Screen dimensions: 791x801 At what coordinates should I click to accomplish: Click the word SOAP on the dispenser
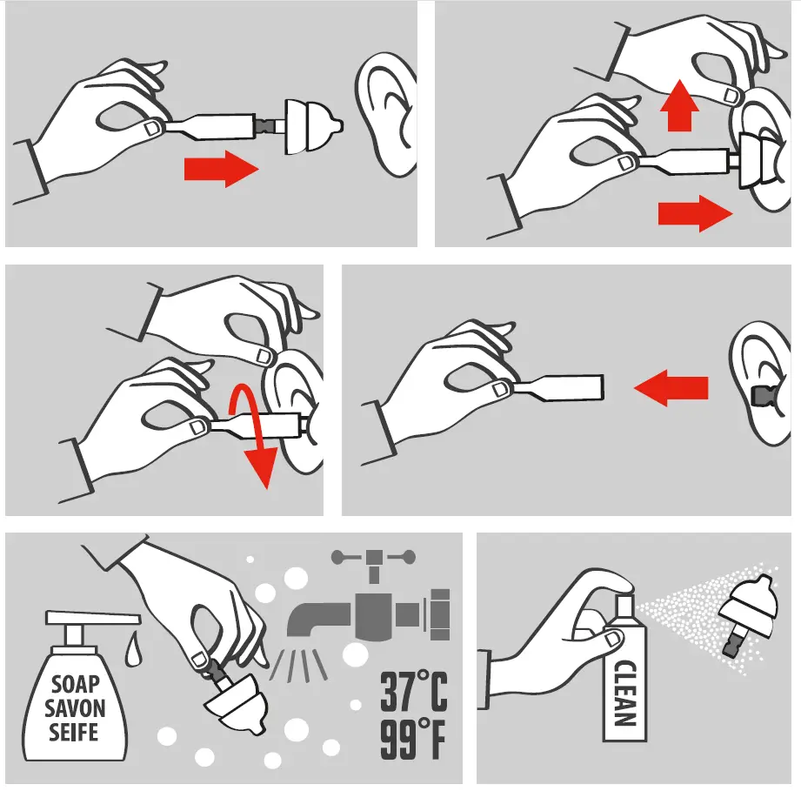coord(76,686)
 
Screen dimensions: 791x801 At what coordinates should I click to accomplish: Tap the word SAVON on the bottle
coord(76,707)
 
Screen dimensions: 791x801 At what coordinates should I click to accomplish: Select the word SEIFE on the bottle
coord(76,731)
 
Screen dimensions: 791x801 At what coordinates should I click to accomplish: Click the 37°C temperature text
coord(413,694)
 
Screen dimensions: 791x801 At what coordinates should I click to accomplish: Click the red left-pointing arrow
coord(670,386)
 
